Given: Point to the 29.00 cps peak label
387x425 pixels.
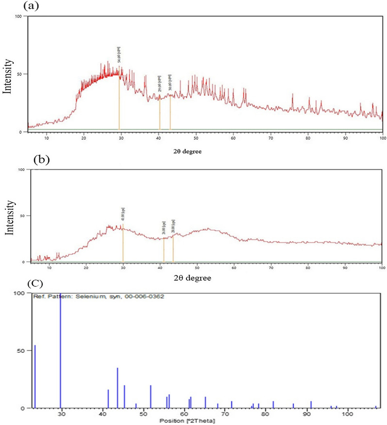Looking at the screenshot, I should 159,84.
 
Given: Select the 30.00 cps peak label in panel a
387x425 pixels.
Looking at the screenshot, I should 170,83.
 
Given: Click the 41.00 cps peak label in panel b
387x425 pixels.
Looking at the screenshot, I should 123,214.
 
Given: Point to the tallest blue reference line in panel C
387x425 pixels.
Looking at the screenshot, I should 60,350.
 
